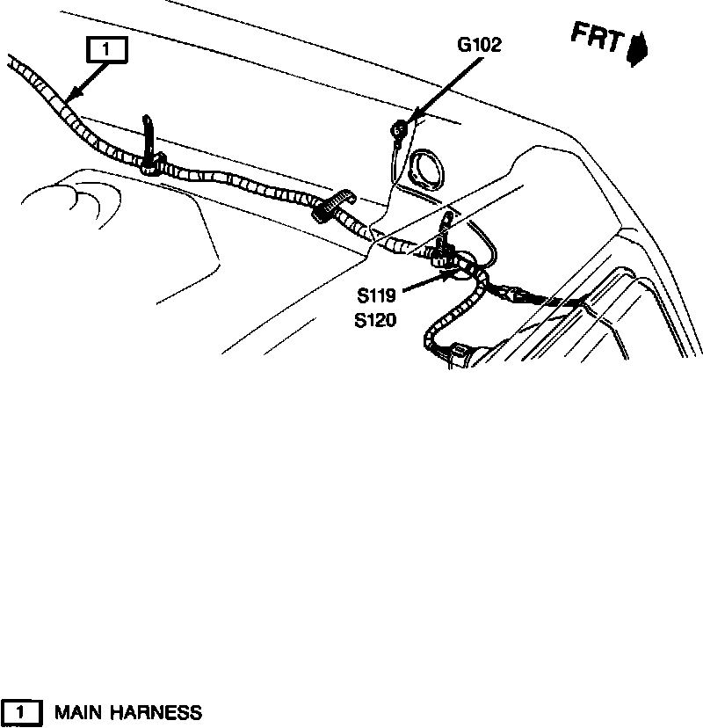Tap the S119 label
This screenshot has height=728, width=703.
376,296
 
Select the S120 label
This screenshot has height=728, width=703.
376,321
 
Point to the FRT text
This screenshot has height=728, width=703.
598,40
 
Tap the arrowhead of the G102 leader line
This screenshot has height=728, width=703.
409,120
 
